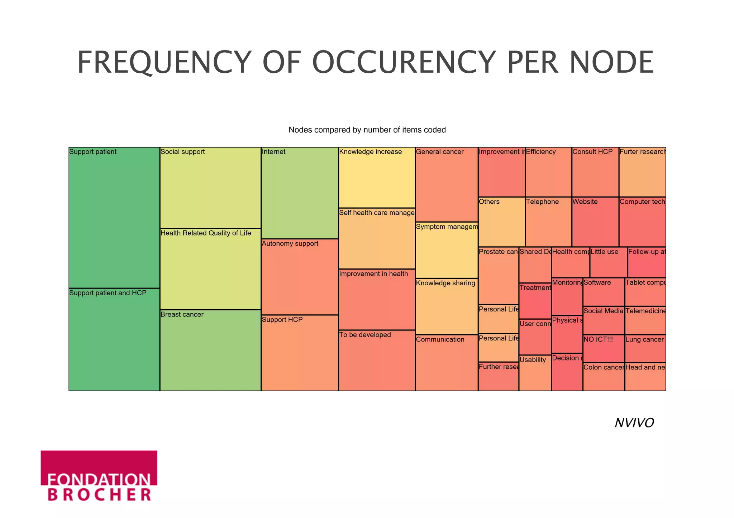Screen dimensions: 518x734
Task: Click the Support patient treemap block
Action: [x=114, y=217]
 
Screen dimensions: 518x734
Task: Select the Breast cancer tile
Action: [x=210, y=350]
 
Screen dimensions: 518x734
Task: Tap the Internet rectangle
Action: [x=300, y=193]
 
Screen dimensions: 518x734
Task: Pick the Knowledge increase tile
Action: [x=377, y=178]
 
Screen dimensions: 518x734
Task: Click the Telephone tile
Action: [x=548, y=222]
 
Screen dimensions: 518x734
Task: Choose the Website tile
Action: [x=595, y=222]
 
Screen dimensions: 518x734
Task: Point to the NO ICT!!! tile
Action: [x=604, y=349]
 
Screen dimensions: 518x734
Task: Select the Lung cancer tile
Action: [x=645, y=349]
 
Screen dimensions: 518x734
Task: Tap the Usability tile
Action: [x=535, y=373]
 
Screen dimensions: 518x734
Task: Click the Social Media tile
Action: [x=604, y=320]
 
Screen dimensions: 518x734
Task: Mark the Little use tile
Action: [x=609, y=262]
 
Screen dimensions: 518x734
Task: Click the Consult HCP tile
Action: [x=595, y=172]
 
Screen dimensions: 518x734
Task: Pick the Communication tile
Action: [x=447, y=363]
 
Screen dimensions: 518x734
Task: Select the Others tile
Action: [x=501, y=222]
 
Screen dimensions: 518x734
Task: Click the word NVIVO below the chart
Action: [x=634, y=423]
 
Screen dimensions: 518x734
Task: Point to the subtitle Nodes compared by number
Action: [x=367, y=130]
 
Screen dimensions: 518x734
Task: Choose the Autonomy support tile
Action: [x=300, y=277]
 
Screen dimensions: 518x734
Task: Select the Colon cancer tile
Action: [x=604, y=377]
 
